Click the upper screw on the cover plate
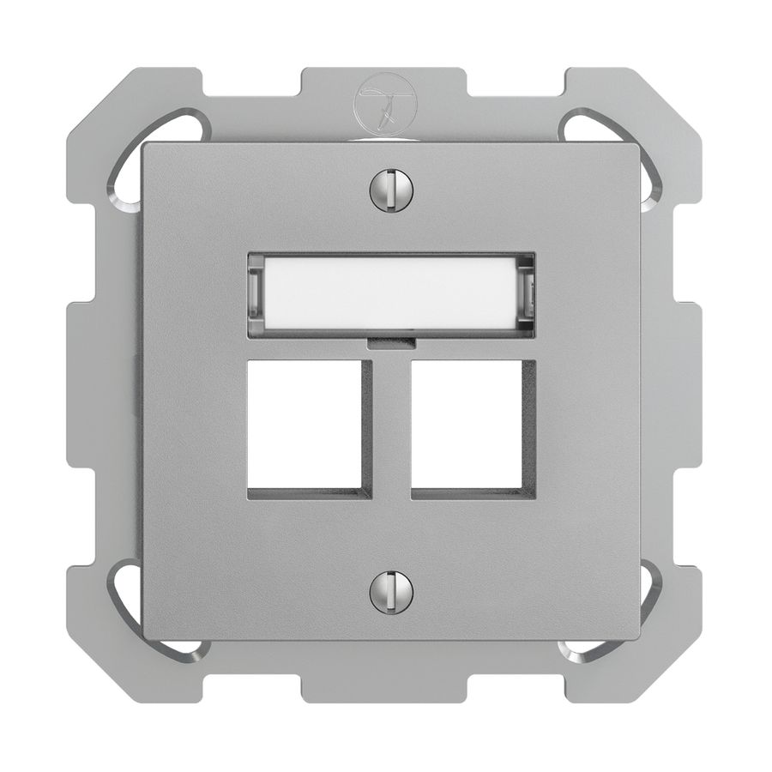[391, 190]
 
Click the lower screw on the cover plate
[391, 592]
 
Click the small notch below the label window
[391, 343]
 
